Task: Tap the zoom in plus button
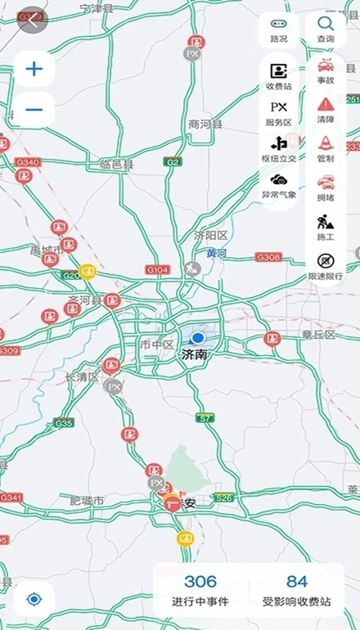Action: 34,69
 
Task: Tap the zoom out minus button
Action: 34,110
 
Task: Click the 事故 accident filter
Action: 326,70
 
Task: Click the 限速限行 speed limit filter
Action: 326,265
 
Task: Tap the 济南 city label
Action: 196,355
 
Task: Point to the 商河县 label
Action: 205,124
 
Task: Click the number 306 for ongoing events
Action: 200,582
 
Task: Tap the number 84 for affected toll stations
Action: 297,582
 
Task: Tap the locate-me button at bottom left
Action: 34,599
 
